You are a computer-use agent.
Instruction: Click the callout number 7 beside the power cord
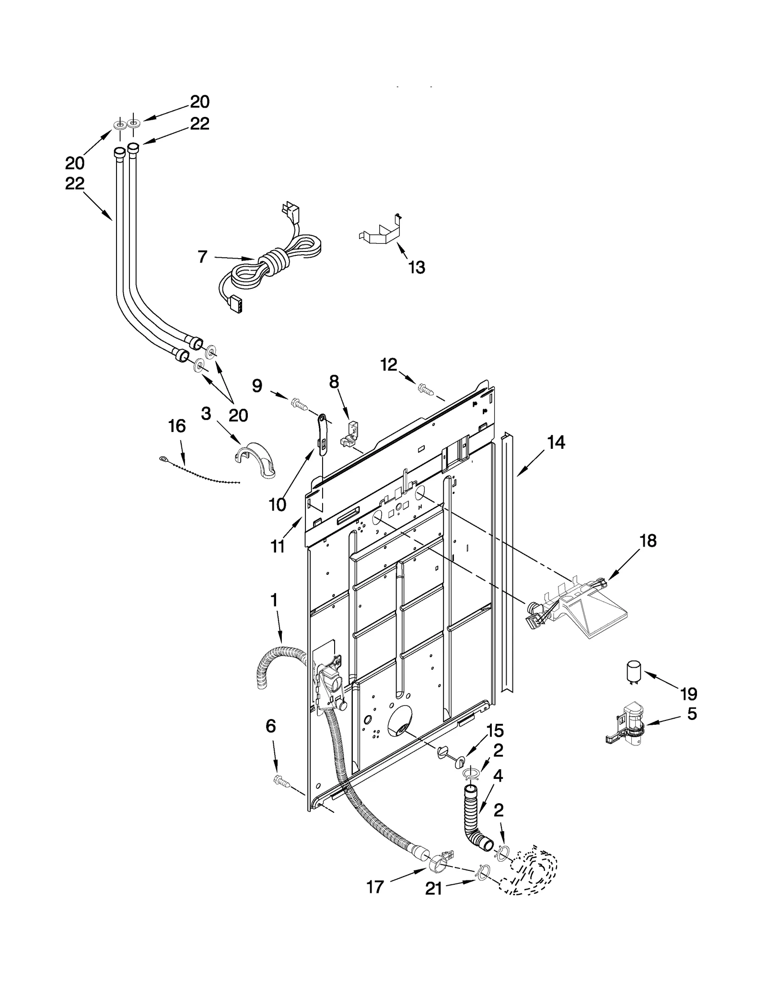point(202,257)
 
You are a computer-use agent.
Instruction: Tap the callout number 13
point(417,268)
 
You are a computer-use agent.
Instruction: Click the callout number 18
point(648,541)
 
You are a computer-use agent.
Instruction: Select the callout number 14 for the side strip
point(556,443)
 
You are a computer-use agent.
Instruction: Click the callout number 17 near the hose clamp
point(375,887)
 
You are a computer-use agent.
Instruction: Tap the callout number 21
point(434,889)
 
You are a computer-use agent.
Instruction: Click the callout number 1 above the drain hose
point(274,600)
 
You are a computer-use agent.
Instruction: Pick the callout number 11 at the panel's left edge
point(278,547)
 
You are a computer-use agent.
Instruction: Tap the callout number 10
point(278,504)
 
